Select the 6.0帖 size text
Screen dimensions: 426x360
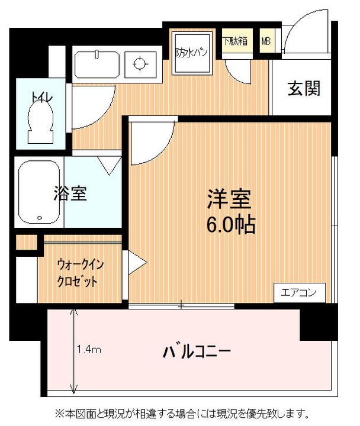(x=230, y=225)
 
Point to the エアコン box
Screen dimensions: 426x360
(x=299, y=292)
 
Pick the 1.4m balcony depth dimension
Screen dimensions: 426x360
(x=89, y=350)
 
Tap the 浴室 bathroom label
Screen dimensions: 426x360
(x=70, y=193)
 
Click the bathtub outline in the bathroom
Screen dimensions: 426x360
(x=39, y=192)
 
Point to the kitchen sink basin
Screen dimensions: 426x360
(x=97, y=64)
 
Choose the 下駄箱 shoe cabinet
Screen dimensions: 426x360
(x=236, y=42)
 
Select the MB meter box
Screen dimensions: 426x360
(x=266, y=42)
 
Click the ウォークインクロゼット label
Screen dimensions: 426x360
(x=78, y=272)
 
